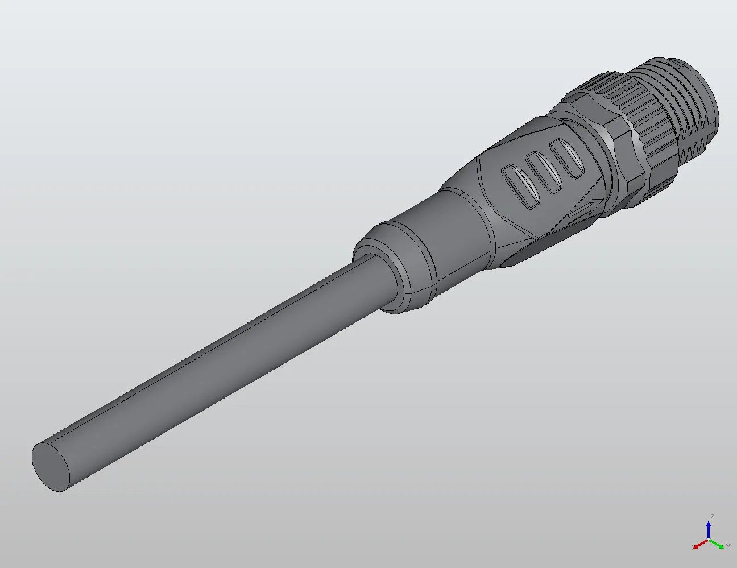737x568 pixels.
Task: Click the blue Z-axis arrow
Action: [709, 529]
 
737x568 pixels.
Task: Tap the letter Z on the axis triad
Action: [711, 517]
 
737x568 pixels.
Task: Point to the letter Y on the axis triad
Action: [728, 547]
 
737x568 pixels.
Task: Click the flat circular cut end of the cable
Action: [52, 466]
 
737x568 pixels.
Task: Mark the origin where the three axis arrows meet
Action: [709, 539]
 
